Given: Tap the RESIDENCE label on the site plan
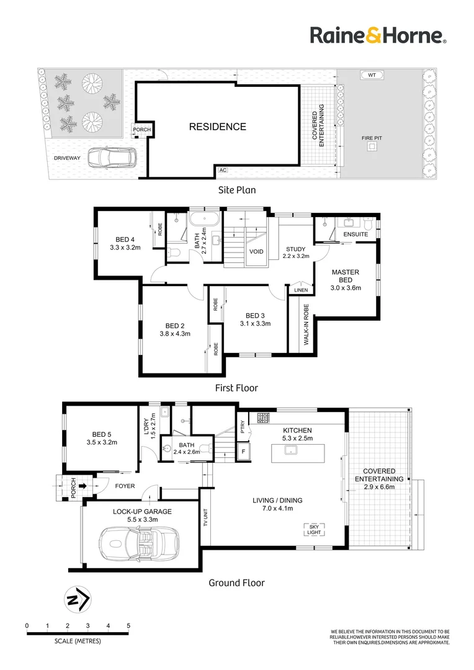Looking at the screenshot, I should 217,127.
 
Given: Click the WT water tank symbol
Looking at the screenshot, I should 372,74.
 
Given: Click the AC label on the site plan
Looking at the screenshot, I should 222,169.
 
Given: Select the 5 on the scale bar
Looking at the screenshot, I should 128,625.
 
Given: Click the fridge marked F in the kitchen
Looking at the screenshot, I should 244,451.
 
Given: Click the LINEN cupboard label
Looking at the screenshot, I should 301,290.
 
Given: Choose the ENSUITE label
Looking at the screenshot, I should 355,234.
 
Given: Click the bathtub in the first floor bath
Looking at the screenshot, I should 203,219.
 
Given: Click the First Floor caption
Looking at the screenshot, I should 236,388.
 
